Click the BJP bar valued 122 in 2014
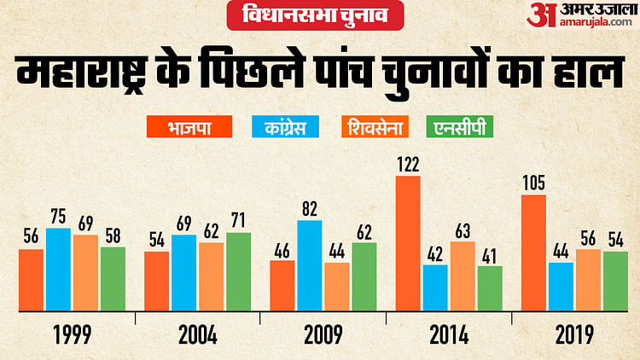click(x=408, y=243)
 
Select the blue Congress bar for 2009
click(x=310, y=265)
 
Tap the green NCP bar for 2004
click(x=239, y=271)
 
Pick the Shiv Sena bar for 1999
click(x=85, y=272)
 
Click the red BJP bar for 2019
click(x=533, y=253)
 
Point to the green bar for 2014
click(x=490, y=288)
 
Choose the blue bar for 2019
click(x=561, y=287)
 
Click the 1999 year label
click(x=72, y=334)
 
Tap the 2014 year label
click(x=449, y=334)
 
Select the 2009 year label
click(x=323, y=334)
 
